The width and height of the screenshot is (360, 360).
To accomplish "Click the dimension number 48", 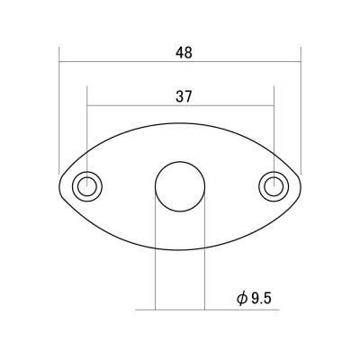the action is (184, 53).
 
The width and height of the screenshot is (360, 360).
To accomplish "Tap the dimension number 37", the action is (184, 96).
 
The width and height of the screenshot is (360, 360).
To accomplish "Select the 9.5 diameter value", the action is (261, 299).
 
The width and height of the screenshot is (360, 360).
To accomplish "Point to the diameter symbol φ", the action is (241, 299).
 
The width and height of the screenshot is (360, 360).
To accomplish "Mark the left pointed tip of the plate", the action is (59, 186).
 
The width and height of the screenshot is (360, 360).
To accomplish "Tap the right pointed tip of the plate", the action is (301, 186).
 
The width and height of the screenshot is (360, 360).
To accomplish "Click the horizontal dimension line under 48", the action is (180, 62).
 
